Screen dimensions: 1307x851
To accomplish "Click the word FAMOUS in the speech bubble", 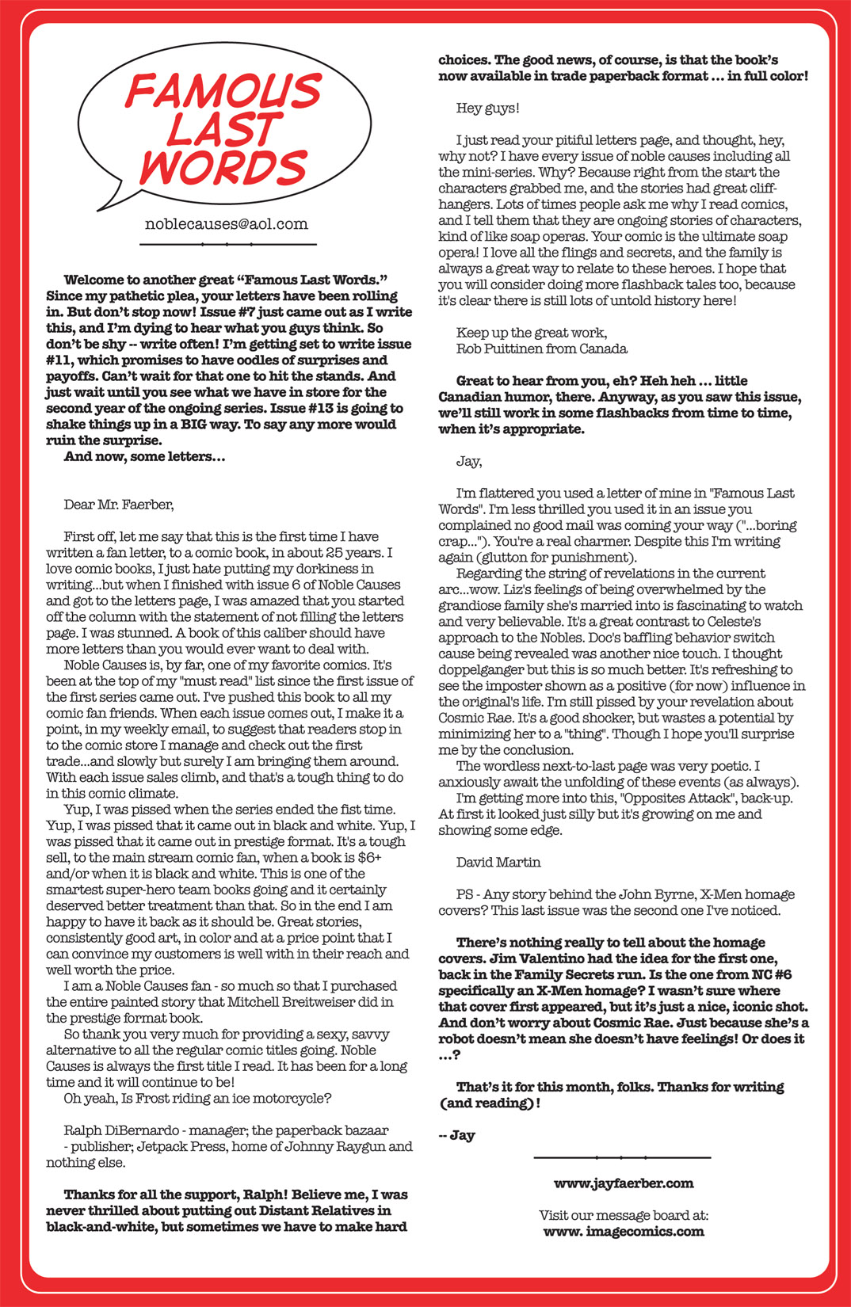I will (223, 90).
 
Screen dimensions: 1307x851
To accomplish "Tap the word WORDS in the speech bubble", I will (224, 167).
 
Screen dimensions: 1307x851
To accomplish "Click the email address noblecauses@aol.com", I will (227, 224).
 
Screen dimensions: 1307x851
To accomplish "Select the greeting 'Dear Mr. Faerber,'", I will (118, 505).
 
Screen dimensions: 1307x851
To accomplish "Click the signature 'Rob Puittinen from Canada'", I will (541, 349).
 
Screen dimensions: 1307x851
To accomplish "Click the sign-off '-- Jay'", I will (456, 1135).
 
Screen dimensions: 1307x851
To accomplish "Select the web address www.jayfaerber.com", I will (624, 1183).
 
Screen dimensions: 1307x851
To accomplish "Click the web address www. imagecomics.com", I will (624, 1231).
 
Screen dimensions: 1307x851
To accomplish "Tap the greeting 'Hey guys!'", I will (487, 108).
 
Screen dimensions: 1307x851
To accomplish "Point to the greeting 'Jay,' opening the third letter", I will (469, 461).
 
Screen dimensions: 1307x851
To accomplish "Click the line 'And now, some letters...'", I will (144, 456).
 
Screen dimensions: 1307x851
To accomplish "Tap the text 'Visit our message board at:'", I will (624, 1215).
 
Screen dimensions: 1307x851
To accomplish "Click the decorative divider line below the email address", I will (227, 244).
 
